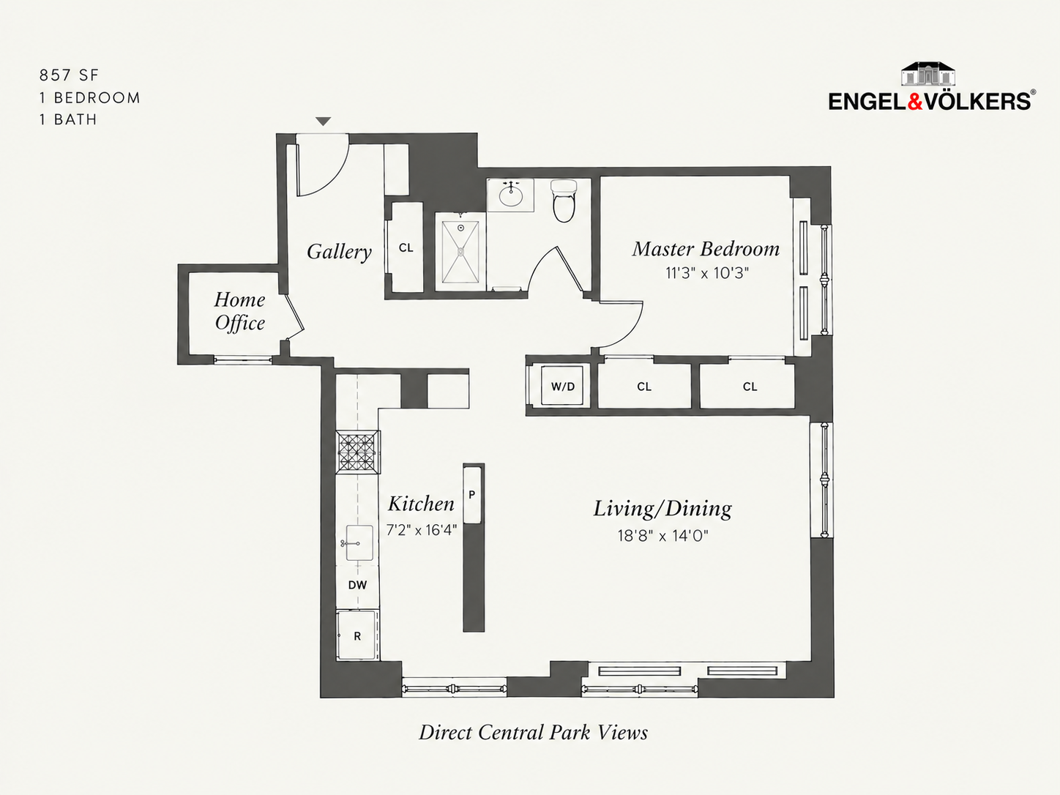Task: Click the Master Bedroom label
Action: click(706, 249)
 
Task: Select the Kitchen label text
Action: click(421, 504)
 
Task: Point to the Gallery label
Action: click(339, 252)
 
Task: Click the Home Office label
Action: click(239, 311)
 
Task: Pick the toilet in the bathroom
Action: click(564, 201)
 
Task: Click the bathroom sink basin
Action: click(510, 195)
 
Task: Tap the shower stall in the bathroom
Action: click(460, 252)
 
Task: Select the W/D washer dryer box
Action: click(563, 386)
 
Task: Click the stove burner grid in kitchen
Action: click(358, 452)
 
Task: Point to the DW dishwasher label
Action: click(357, 585)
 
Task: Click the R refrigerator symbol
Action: click(357, 635)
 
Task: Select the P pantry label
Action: click(472, 494)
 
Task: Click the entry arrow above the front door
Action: click(323, 122)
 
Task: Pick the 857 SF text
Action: click(69, 75)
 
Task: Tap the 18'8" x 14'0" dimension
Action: click(662, 536)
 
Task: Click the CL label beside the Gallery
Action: click(406, 247)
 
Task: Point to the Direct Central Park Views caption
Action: click(533, 733)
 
